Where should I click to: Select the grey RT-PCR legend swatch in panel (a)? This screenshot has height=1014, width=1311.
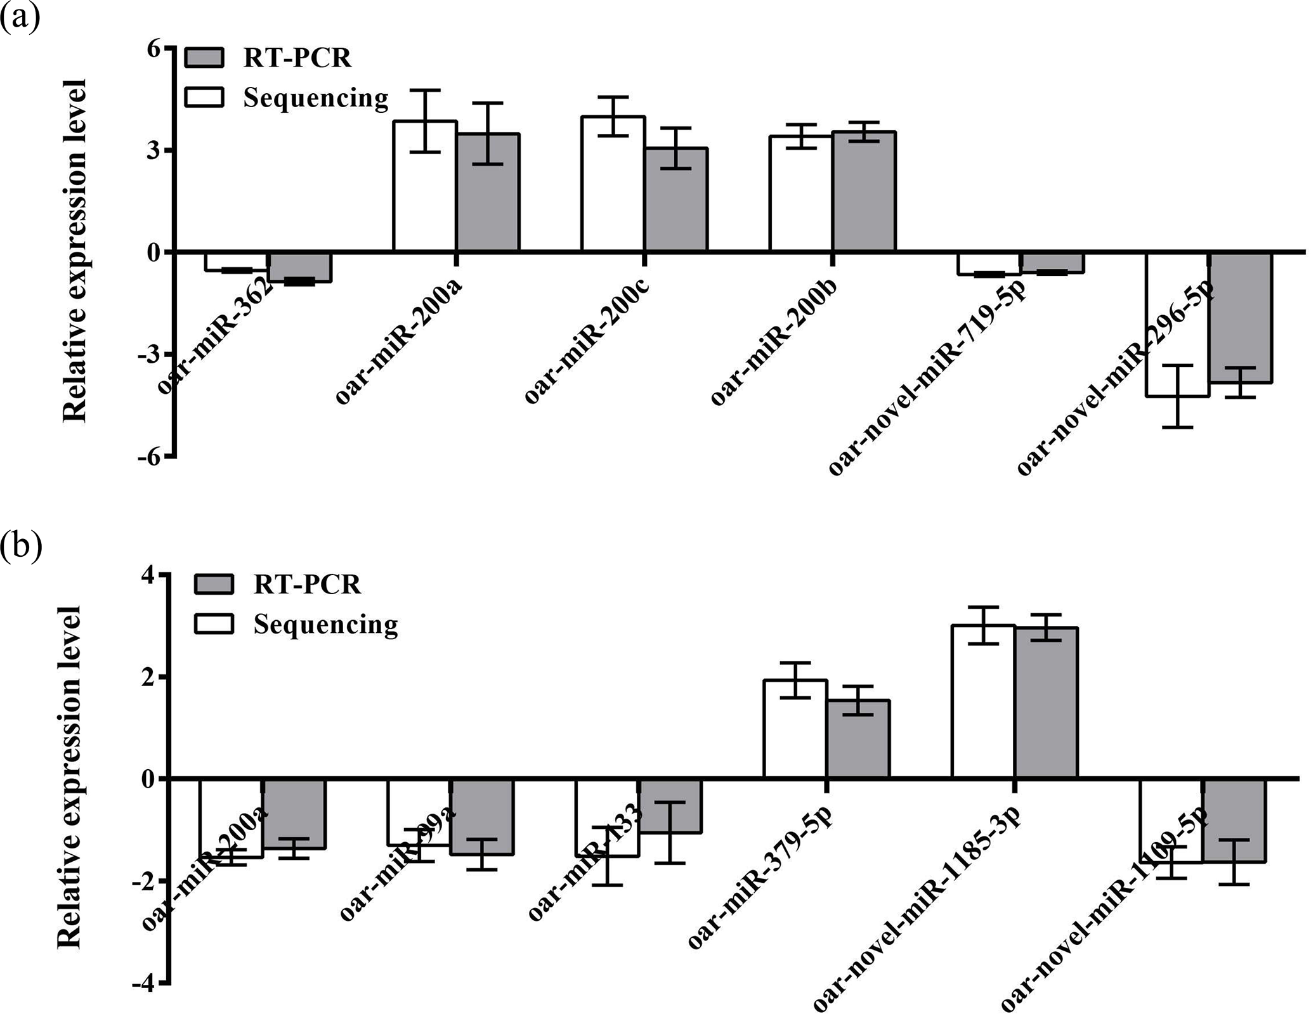[204, 58]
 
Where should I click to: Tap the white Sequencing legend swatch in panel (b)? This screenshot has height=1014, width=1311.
[214, 624]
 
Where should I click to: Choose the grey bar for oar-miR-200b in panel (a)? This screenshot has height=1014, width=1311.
[864, 190]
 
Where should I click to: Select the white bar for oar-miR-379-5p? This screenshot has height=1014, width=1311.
[795, 729]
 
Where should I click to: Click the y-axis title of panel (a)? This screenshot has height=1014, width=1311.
[75, 251]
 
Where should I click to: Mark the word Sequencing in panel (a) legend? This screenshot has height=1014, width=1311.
[315, 98]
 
